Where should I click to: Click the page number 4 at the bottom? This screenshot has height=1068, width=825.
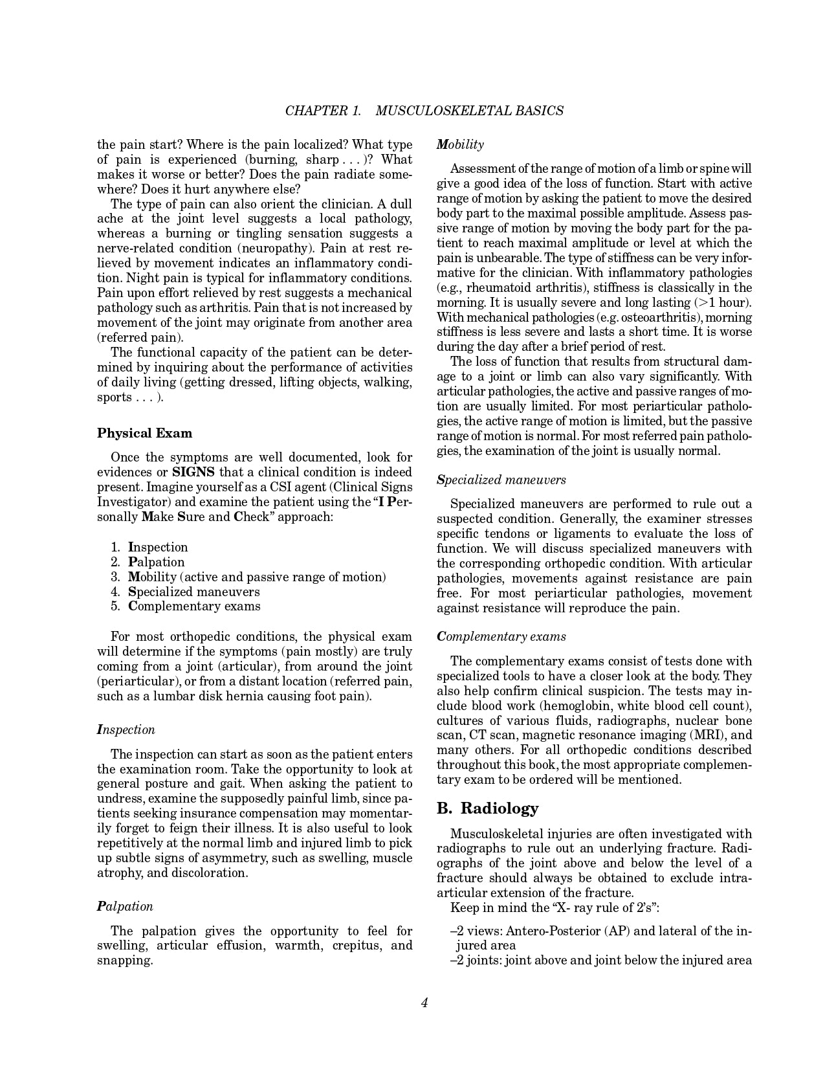[x=424, y=1003]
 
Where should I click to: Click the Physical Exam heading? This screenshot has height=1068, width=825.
[x=144, y=433]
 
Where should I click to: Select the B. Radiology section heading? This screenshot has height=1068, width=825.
[x=487, y=808]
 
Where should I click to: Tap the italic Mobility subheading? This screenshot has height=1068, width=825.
[x=460, y=144]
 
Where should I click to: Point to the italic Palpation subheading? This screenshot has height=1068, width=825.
[x=125, y=906]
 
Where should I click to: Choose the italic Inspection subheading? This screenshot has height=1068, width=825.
[x=126, y=729]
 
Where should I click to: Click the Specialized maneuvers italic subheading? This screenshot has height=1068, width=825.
[x=501, y=480]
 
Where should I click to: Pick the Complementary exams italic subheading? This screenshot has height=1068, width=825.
[x=501, y=636]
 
